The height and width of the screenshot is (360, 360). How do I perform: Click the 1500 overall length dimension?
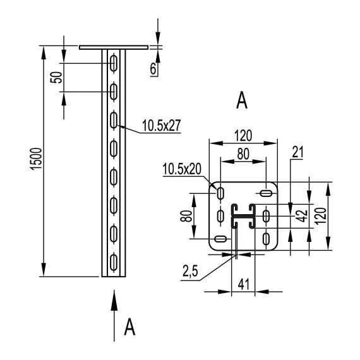pyautogui.click(x=36, y=162)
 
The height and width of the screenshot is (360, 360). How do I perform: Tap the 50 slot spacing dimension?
pyautogui.click(x=56, y=78)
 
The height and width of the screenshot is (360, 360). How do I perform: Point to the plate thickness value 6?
pyautogui.click(x=153, y=69)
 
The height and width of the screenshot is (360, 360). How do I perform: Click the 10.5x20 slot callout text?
pyautogui.click(x=182, y=169)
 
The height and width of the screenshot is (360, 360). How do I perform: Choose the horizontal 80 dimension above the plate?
pyautogui.click(x=242, y=153)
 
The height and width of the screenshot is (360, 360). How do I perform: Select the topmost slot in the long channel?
pyautogui.click(x=114, y=63)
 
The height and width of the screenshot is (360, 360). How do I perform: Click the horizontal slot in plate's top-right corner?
pyautogui.click(x=266, y=191)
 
